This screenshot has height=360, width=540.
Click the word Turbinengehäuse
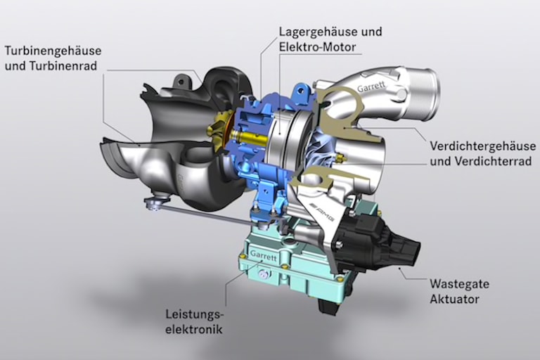53,51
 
